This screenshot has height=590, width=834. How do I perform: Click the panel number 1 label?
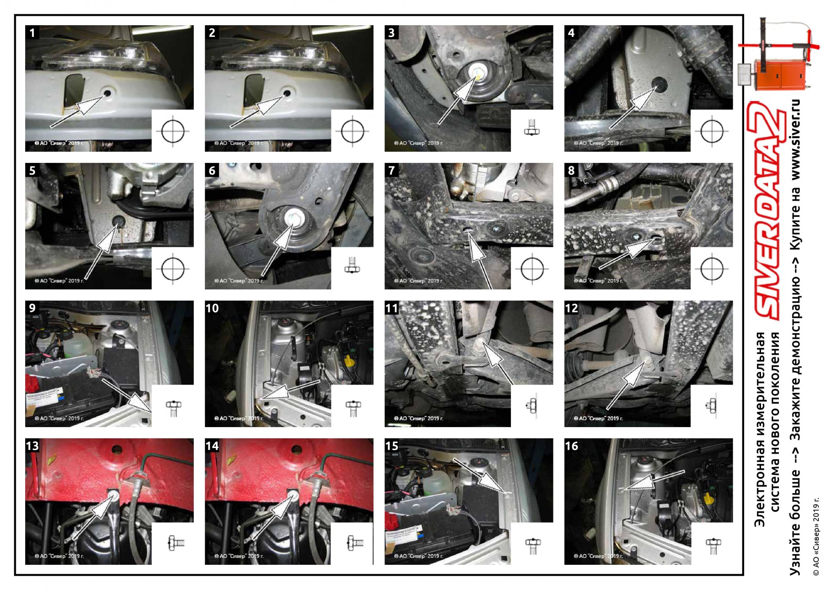click(x=32, y=33)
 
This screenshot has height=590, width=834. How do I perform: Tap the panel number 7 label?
click(x=391, y=170)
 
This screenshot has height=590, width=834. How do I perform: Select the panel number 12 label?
click(x=572, y=308)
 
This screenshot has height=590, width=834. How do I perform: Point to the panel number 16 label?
click(x=572, y=446)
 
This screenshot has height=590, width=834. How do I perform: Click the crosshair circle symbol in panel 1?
click(x=173, y=131)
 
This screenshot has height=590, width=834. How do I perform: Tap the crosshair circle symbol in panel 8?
click(x=712, y=268)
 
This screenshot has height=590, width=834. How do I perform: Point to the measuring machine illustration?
click(x=778, y=54)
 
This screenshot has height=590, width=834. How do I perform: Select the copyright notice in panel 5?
click(x=59, y=281)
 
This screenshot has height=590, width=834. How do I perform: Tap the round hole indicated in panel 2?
click(x=286, y=93)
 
